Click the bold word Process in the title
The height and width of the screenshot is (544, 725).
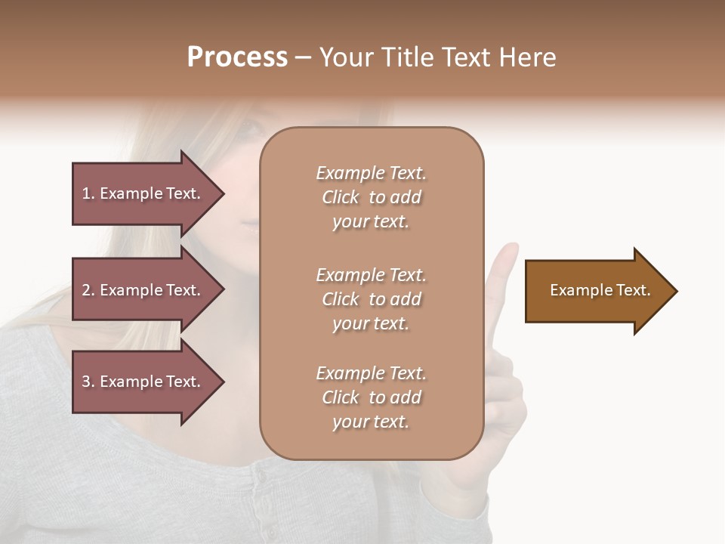tap(237, 57)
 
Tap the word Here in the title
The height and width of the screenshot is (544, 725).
tap(527, 57)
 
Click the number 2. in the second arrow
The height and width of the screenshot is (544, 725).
tap(88, 290)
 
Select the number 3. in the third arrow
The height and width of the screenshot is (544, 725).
tap(88, 382)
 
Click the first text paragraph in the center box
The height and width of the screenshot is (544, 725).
tap(371, 197)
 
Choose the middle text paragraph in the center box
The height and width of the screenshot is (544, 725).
tap(371, 299)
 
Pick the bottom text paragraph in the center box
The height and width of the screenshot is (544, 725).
tap(371, 397)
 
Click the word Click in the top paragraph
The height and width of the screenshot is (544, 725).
tap(341, 197)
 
